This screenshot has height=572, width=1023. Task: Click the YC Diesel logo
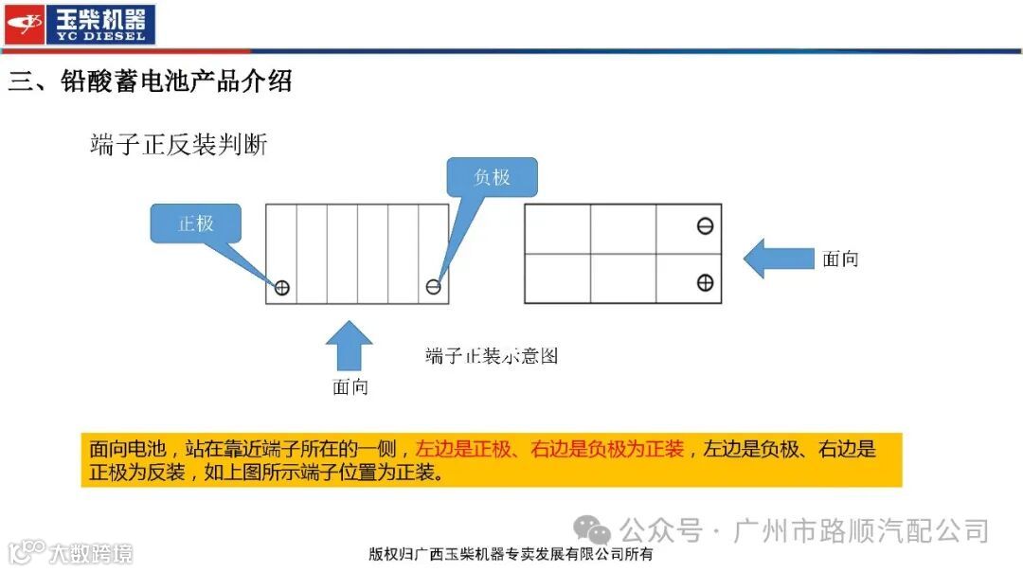79,24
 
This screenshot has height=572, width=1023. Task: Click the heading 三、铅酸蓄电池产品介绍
150,81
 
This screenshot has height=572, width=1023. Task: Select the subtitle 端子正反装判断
179,145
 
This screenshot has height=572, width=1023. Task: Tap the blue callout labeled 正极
196,224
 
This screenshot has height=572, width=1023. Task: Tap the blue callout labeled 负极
492,177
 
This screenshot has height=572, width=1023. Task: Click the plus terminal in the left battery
281,288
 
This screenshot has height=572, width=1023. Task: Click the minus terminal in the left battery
433,287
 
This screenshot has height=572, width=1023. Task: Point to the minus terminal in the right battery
705,226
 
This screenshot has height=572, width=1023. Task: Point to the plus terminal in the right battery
705,282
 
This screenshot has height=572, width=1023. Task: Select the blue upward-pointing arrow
350,345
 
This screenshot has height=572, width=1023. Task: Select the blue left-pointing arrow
778,259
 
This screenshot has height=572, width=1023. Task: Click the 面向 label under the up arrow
350,386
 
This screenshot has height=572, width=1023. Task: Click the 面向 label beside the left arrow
840,259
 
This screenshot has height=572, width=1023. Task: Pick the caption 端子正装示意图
492,356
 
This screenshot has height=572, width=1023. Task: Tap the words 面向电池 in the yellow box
128,449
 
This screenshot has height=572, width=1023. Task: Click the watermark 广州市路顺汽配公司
862,530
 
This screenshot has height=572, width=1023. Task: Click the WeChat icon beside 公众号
594,530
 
